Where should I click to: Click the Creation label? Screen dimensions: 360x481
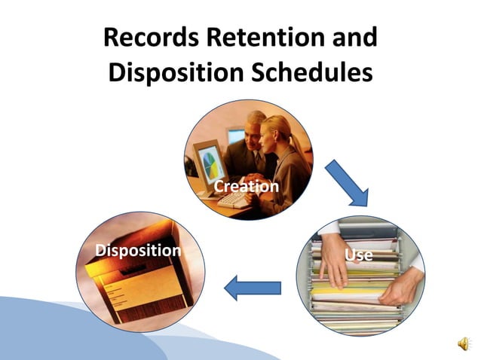point(246,185)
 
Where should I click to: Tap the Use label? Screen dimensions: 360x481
point(358,255)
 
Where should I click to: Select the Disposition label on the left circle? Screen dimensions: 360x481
point(138,250)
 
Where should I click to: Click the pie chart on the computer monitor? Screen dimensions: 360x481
point(210,159)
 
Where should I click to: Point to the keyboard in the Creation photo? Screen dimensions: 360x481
point(234,199)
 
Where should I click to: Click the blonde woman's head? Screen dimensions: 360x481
point(277,133)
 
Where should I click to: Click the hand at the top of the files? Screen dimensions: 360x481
point(332,256)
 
